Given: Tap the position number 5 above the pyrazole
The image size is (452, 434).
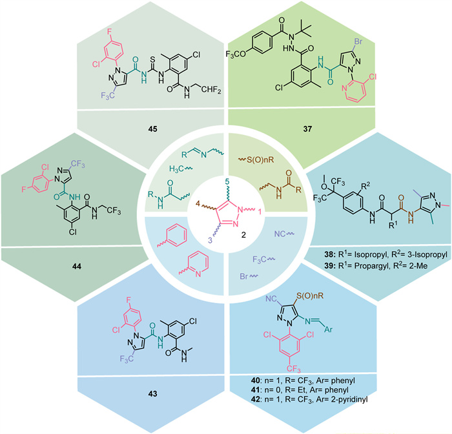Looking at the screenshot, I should (227, 180).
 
